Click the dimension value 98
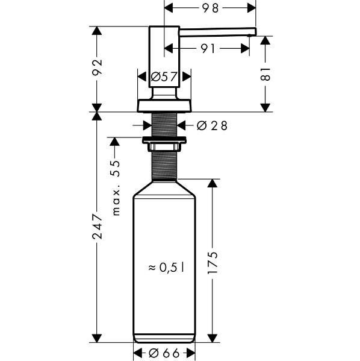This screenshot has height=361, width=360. tap(211, 8)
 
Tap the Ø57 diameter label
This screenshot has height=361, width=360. tap(164, 77)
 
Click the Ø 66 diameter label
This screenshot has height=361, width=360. tap(164, 353)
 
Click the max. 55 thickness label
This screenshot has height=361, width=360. tap(116, 187)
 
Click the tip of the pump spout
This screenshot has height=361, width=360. tap(253, 31)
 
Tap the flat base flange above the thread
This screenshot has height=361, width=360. tap(164, 105)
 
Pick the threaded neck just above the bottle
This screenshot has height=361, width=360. tap(164, 166)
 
